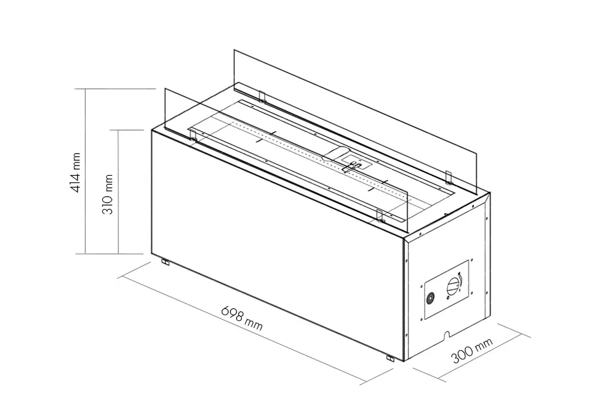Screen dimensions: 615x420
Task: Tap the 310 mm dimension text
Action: tap(108, 194)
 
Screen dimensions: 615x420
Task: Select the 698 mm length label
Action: tap(242, 318)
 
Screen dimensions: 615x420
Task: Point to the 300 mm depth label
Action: tap(472, 350)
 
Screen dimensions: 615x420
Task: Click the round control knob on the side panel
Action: tap(453, 286)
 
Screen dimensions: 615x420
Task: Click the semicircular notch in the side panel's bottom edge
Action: tap(447, 335)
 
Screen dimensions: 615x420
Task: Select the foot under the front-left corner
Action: tap(166, 262)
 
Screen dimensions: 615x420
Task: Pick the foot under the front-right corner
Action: tap(390, 358)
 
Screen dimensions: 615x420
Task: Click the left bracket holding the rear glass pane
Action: tap(262, 97)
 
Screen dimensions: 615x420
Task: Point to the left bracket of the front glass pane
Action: tap(193, 135)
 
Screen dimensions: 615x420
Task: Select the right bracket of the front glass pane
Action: tap(380, 215)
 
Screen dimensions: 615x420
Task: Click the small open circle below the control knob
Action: tap(448, 298)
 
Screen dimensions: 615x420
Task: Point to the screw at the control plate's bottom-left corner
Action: tap(421, 319)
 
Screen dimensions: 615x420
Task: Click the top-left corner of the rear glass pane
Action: tap(234, 49)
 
